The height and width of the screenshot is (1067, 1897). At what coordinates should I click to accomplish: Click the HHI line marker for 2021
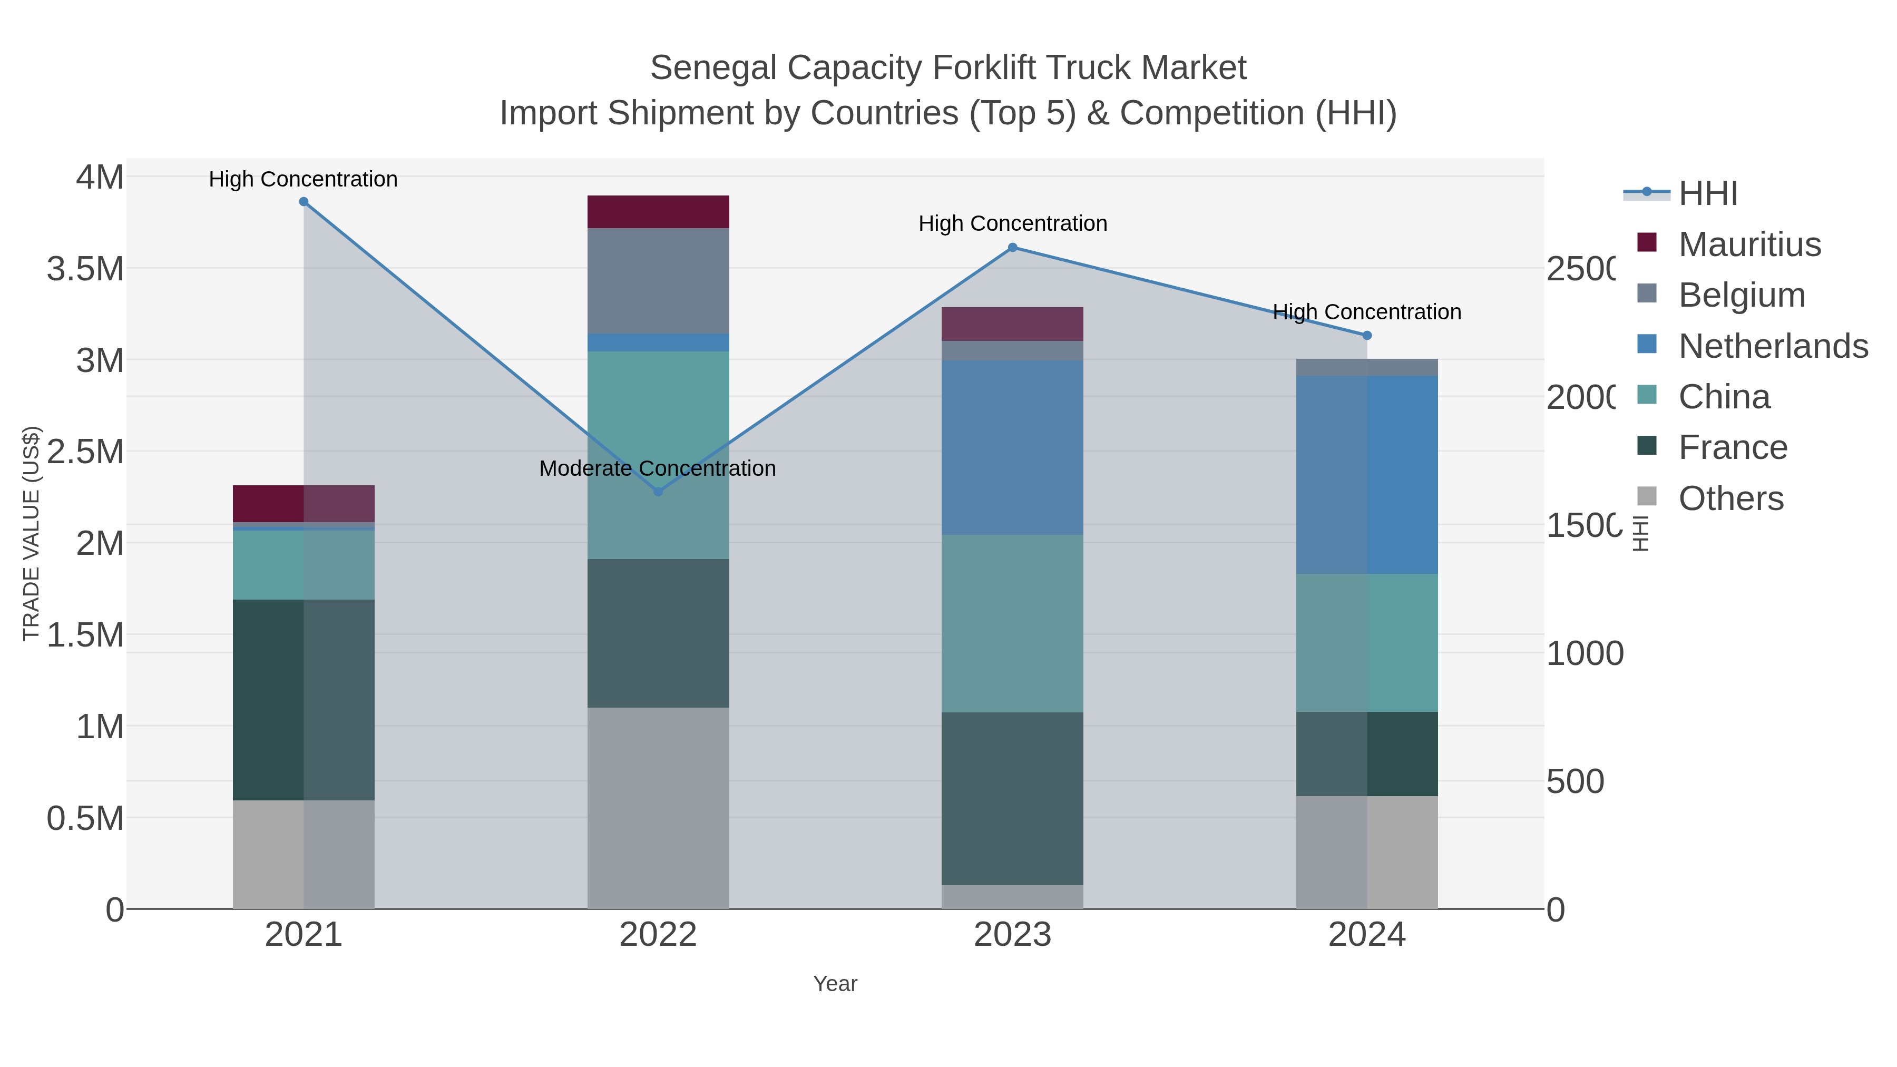(304, 202)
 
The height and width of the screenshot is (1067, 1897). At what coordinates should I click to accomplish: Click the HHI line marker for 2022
(658, 492)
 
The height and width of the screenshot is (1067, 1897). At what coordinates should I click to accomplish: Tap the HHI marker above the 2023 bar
(1013, 248)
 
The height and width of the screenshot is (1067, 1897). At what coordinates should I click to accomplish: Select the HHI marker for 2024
(1367, 336)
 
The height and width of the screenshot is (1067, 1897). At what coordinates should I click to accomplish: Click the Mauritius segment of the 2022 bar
(658, 212)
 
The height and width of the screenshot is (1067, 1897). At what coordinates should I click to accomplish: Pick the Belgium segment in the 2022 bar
(658, 280)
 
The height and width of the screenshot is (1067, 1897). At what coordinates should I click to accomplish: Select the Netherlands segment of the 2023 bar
(1013, 448)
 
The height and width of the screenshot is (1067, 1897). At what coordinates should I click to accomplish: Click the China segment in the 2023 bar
(1013, 623)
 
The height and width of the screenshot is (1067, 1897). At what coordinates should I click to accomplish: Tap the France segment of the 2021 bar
(304, 700)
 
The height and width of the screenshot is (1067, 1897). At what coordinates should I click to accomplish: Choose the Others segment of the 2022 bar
(658, 808)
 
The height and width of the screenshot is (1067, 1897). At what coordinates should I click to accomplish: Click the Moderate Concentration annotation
(657, 468)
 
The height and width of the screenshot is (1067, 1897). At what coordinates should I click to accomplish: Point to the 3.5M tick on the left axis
(85, 269)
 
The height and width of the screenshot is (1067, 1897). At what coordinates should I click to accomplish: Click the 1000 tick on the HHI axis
(1584, 653)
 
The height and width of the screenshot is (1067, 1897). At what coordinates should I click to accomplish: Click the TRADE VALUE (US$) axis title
(31, 533)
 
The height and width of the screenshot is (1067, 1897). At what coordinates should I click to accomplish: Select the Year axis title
(835, 984)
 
